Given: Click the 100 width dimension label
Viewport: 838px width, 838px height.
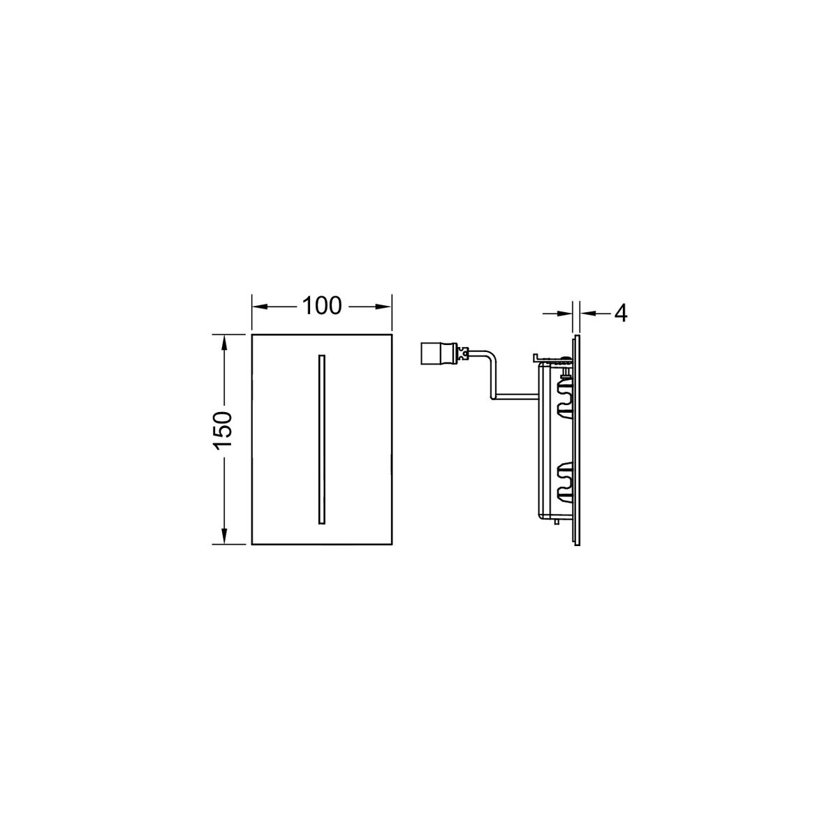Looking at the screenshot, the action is [x=322, y=306].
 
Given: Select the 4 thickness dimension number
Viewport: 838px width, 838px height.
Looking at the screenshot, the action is [x=621, y=313].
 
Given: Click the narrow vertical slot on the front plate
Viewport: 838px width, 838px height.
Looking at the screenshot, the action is [x=321, y=439].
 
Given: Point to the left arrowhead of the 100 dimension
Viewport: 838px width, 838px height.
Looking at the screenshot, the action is [x=259, y=307].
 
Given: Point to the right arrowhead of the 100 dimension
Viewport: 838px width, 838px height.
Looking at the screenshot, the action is [x=384, y=307].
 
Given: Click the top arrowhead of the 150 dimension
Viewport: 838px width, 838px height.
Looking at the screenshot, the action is [x=224, y=341].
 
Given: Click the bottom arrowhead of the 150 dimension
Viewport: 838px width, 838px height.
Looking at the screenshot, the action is [x=224, y=536].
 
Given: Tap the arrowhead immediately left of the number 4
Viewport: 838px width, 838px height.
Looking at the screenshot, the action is [x=589, y=312].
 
